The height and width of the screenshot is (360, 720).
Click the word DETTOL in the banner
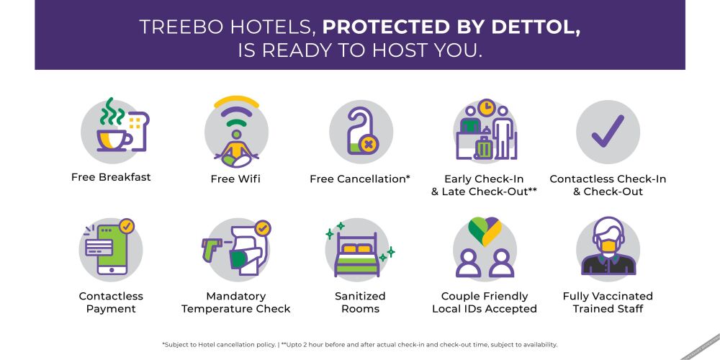pos(536,28)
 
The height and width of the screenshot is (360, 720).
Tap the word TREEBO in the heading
pos(181,27)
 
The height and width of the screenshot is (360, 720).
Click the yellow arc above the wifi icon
pos(236,101)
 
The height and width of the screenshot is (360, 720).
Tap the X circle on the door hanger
pos(368,145)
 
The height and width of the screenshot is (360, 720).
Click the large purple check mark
pos(608,131)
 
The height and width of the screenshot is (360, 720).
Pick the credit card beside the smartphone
pos(99,248)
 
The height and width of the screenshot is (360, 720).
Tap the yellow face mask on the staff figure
pos(608,246)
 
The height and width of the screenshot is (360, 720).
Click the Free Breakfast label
pos(111,177)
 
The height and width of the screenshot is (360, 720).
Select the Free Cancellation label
pos(360,179)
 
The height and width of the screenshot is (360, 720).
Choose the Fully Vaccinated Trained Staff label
pos(608,302)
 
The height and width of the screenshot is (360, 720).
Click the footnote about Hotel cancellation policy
pos(219,344)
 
